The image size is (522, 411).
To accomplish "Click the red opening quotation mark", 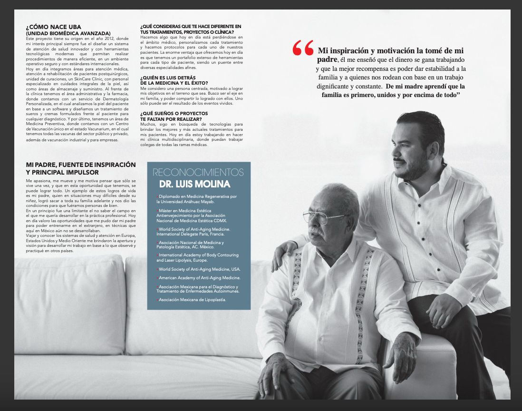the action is click(x=303, y=48).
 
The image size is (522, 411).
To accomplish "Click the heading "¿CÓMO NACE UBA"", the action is click(x=53, y=27).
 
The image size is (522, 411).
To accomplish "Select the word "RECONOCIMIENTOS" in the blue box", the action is click(x=198, y=172).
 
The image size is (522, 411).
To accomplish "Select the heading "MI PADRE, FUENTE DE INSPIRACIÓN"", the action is click(x=81, y=165).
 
